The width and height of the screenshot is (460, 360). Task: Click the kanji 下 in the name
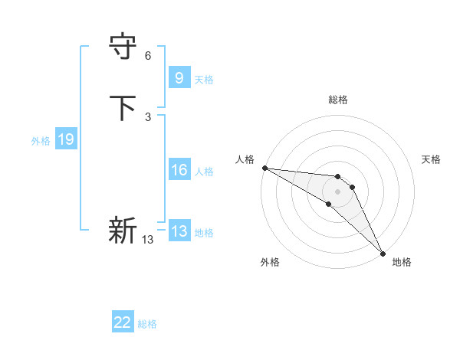pyautogui.click(x=123, y=108)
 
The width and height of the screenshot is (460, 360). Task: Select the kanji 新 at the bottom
pyautogui.click(x=123, y=229)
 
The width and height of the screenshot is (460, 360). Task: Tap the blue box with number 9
pyautogui.click(x=179, y=77)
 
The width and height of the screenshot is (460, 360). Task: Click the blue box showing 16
pyautogui.click(x=179, y=170)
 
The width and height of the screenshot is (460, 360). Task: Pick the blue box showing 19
pyautogui.click(x=66, y=139)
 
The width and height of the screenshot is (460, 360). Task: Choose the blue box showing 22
pyautogui.click(x=123, y=322)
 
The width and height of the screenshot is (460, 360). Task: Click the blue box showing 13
pyautogui.click(x=179, y=231)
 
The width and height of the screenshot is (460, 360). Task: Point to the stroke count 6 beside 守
pyautogui.click(x=148, y=56)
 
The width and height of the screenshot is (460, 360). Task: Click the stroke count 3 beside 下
pyautogui.click(x=148, y=116)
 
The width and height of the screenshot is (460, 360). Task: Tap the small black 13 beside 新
pyautogui.click(x=147, y=240)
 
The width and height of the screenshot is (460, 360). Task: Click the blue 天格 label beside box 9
pyautogui.click(x=204, y=80)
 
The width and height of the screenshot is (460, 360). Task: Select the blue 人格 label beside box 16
pyautogui.click(x=204, y=172)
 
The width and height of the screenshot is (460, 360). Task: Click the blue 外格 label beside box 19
pyautogui.click(x=41, y=141)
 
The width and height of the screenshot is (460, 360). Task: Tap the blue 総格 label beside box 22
pyautogui.click(x=147, y=324)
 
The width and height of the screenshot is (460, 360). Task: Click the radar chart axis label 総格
pyautogui.click(x=338, y=100)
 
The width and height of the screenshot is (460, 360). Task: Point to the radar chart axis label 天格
pyautogui.click(x=432, y=159)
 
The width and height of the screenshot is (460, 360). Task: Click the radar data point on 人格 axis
pyautogui.click(x=264, y=168)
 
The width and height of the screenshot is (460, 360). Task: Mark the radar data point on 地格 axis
pyautogui.click(x=382, y=251)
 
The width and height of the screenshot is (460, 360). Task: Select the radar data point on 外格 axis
pyautogui.click(x=329, y=204)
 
